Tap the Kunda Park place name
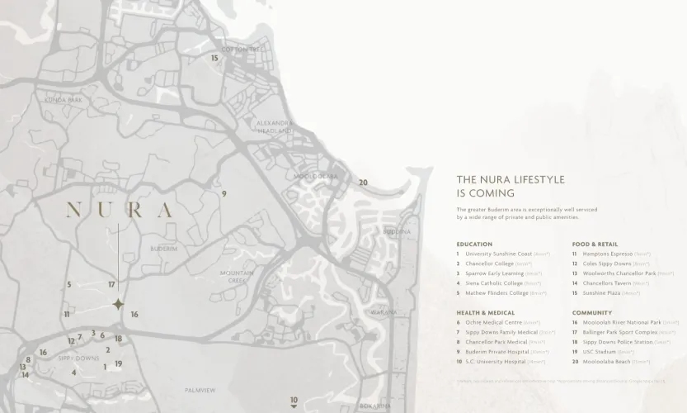click(x=63, y=100)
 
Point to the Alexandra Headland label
click(x=275, y=126)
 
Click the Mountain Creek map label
click(x=237, y=277)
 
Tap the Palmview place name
click(x=200, y=390)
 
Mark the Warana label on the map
click(x=383, y=312)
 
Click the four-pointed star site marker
click(x=118, y=304)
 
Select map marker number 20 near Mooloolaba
click(x=363, y=183)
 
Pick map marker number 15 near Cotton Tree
click(x=214, y=58)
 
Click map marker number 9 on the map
click(x=224, y=194)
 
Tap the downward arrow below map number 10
click(x=294, y=406)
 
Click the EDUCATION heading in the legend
click(x=474, y=244)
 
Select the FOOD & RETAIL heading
click(x=595, y=244)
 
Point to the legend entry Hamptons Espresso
click(x=607, y=254)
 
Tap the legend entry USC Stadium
click(x=602, y=352)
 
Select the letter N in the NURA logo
click(x=73, y=210)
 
